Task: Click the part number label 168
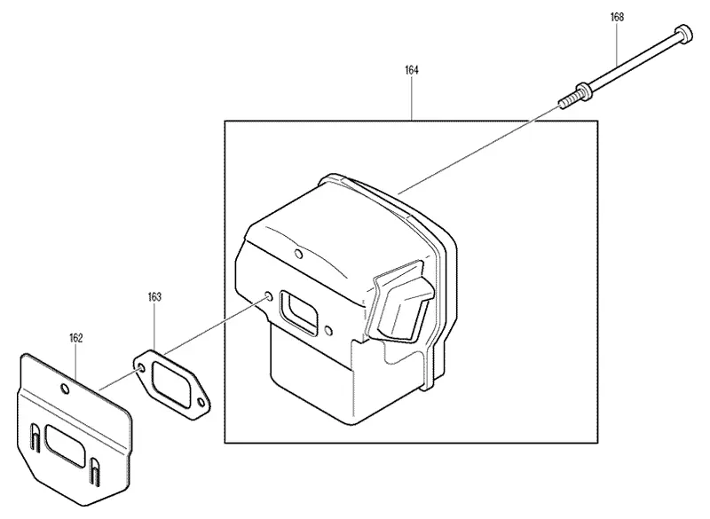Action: click(x=617, y=17)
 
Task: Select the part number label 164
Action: click(x=412, y=70)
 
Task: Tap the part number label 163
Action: click(x=154, y=297)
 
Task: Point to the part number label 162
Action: click(x=76, y=338)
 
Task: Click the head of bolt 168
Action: click(x=683, y=34)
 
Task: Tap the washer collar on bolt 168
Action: click(x=582, y=90)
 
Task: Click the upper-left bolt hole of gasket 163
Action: click(x=141, y=366)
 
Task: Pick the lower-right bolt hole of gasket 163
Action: click(x=201, y=401)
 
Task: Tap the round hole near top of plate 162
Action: click(x=65, y=389)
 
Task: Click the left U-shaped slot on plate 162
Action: click(x=35, y=438)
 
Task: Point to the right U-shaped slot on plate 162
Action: click(x=95, y=471)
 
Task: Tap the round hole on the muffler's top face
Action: click(x=298, y=253)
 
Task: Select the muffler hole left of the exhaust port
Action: click(x=269, y=296)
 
